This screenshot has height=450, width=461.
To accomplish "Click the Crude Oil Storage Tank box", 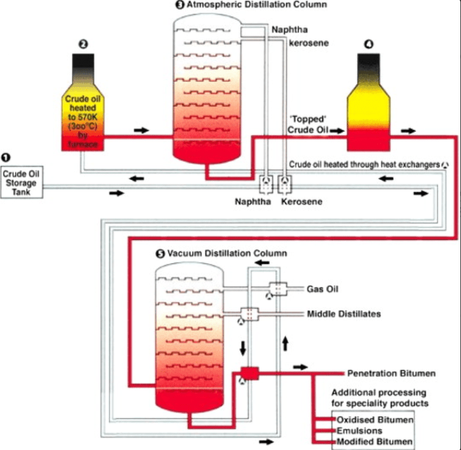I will (22, 182).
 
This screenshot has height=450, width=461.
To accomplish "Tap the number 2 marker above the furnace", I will (83, 44).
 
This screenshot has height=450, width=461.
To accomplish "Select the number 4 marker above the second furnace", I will (368, 44).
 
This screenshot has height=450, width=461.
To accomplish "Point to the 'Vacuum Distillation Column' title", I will (225, 254).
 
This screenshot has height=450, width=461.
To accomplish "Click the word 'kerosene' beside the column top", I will (308, 43).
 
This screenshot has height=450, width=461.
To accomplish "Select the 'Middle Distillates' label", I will (343, 314).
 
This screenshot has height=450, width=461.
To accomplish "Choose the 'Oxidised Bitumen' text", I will (375, 419).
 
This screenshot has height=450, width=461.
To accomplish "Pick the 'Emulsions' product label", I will (359, 431).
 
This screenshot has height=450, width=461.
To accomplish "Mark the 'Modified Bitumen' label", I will (374, 442).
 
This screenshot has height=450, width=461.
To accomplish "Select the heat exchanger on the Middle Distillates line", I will (250, 314).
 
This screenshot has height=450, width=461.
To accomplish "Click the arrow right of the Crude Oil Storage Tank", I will (116, 193).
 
